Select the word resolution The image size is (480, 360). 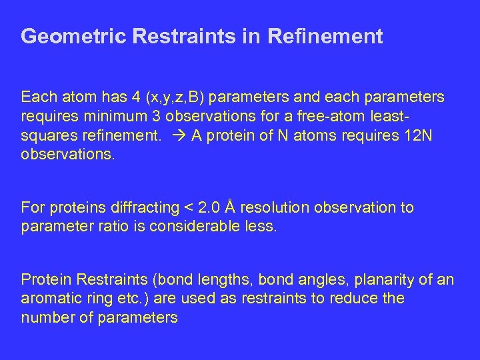[x=272, y=207]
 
